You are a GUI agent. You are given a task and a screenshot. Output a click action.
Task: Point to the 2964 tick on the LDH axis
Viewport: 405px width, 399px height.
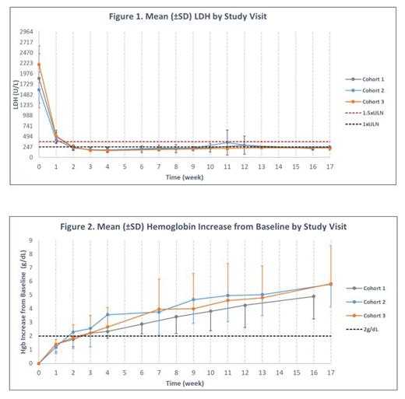point(25,33)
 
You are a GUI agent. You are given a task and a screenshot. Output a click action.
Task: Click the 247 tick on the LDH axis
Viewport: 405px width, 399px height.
point(26,147)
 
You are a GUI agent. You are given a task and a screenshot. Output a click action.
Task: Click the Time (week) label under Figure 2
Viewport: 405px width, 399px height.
point(185,383)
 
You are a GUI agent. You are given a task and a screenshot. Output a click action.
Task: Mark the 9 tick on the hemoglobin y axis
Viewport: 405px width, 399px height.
point(31,241)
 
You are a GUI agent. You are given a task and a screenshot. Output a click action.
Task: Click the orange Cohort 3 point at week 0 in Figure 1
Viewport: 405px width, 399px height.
point(39,65)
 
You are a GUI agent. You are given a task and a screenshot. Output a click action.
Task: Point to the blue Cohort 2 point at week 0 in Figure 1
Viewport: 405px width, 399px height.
point(39,89)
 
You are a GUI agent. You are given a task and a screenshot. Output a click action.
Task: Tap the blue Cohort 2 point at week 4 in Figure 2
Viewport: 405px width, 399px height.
point(107,315)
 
